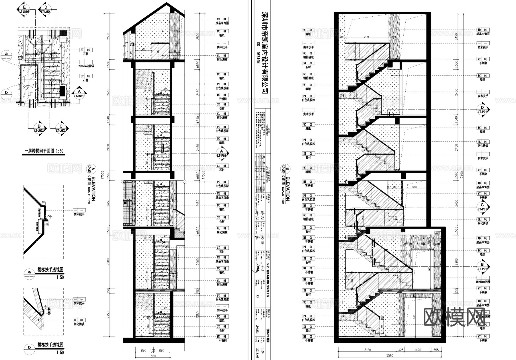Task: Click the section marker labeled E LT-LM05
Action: [x=24, y=9]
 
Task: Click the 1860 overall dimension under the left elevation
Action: [x=153, y=356]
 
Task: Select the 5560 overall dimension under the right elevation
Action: [x=390, y=356]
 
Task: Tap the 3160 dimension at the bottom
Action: [x=368, y=350]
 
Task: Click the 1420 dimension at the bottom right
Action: [x=418, y=350]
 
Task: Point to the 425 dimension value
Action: [x=400, y=350]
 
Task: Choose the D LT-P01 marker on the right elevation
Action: [x=482, y=110]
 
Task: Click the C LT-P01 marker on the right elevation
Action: [x=482, y=207]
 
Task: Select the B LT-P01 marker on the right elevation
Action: [x=482, y=266]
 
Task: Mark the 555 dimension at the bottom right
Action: [x=436, y=350]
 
